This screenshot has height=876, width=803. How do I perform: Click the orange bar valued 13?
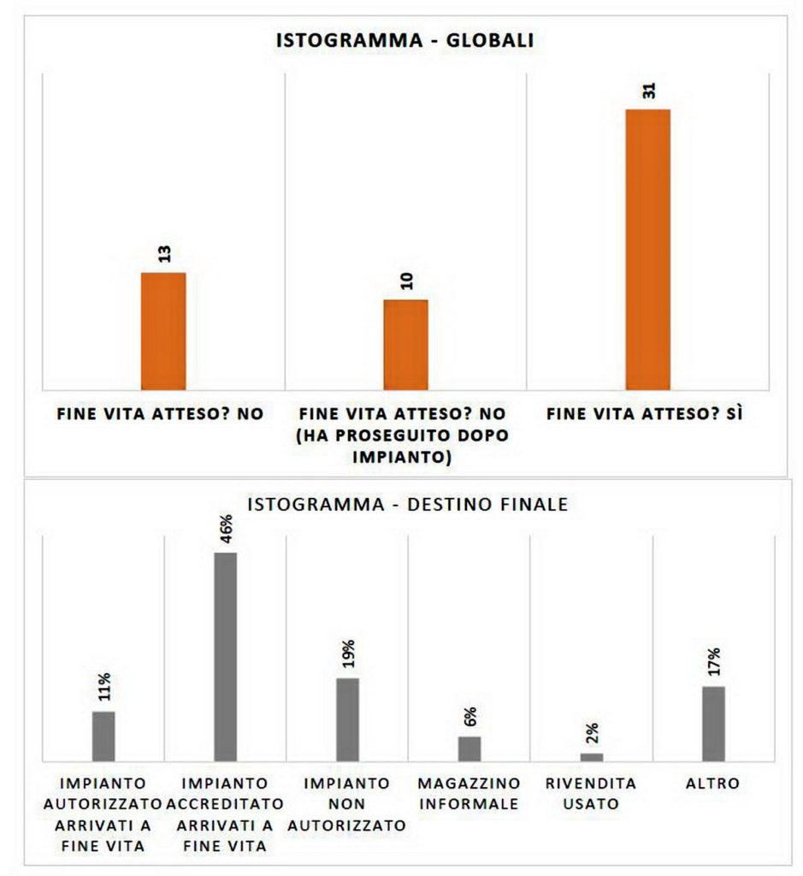point(163,330)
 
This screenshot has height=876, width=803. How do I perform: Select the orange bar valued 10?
point(405,344)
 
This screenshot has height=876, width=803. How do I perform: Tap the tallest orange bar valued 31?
point(647,249)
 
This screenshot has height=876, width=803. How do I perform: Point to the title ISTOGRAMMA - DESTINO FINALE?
point(407,505)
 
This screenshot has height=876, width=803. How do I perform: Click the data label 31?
point(649,91)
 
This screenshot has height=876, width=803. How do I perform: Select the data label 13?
point(164,253)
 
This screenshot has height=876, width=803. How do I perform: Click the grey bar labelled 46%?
point(225,656)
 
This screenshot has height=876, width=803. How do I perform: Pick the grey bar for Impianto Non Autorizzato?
point(347,719)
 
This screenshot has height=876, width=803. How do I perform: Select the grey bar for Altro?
point(713,723)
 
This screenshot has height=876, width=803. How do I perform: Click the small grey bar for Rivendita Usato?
point(592,756)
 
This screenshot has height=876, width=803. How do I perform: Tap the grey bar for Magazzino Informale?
point(469,748)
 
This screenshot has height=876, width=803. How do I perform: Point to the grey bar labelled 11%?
point(103,736)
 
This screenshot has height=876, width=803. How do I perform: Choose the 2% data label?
point(593,733)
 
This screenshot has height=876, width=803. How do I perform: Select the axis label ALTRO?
point(712,783)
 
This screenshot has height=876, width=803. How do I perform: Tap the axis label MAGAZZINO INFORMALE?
point(469,793)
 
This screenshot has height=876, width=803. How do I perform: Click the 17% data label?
point(714,664)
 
